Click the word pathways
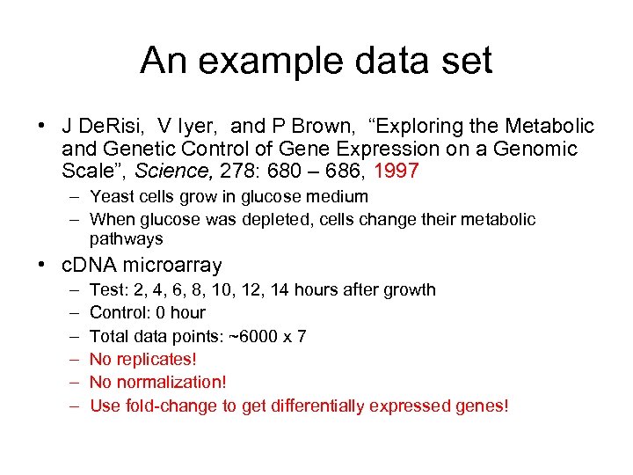[126, 239]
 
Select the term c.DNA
[90, 265]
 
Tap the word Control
[120, 312]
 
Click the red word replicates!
[156, 359]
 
